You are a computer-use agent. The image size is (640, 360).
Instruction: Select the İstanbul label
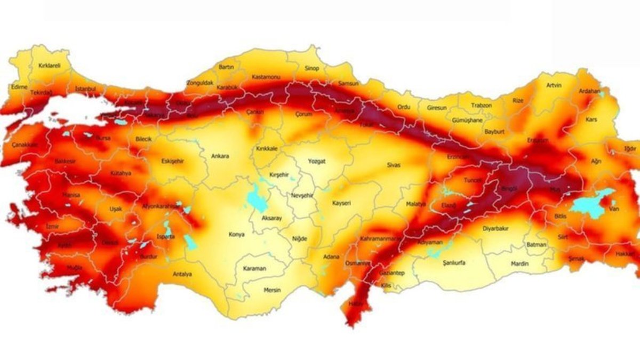85,88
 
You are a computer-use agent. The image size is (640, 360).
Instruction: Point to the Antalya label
182,275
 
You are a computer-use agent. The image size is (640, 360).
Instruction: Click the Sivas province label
394,165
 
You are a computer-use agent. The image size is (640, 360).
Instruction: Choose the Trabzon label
482,106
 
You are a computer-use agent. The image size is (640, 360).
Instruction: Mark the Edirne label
19,86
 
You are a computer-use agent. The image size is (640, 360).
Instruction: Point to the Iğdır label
630,149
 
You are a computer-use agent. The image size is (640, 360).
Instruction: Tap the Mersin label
272,290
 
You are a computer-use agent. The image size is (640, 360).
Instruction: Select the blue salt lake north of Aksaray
255,199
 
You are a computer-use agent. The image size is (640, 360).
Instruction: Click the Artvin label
554,85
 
